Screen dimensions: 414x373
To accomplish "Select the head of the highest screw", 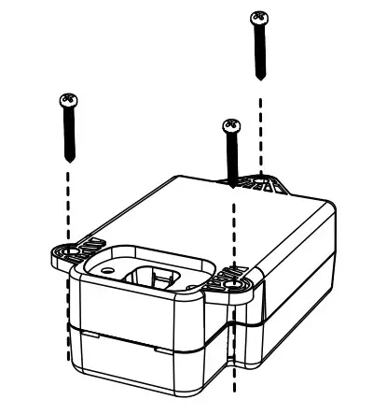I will point(260,18).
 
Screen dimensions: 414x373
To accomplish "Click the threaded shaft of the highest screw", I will point(260,51).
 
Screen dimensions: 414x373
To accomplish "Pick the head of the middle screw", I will point(227,124).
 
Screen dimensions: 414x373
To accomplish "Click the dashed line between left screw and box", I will point(68,201).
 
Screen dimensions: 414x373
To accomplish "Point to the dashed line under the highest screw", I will point(260,121).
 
